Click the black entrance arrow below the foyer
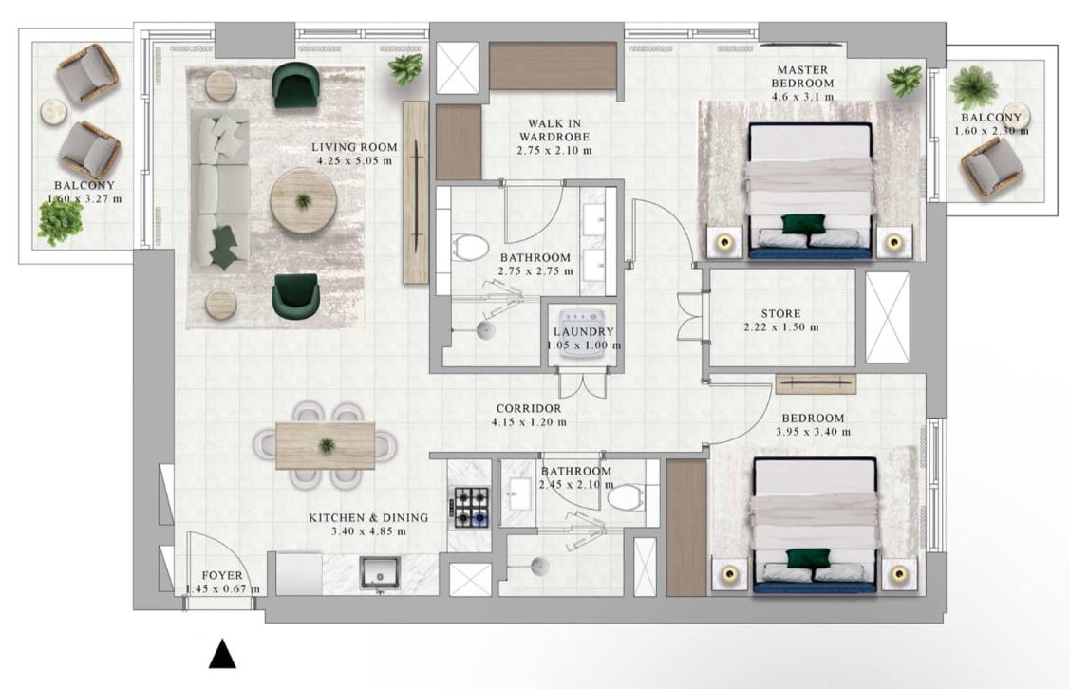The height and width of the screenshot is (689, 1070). click(x=222, y=654)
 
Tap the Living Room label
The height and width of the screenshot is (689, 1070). click(x=354, y=147)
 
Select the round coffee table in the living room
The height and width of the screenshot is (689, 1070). click(x=303, y=201)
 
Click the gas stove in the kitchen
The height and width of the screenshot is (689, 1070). click(x=469, y=508)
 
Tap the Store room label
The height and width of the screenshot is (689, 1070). click(x=781, y=314)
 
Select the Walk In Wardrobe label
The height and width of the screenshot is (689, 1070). click(x=554, y=130)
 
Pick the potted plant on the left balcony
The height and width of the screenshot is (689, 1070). click(x=61, y=222)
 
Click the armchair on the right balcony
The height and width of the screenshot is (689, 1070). click(x=991, y=171)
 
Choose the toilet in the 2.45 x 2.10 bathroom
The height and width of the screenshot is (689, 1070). click(x=625, y=496)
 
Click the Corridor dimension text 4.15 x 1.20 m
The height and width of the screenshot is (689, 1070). click(x=529, y=422)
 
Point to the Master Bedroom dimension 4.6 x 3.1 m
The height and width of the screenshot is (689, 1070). click(x=802, y=96)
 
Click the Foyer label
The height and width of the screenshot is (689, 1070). click(x=222, y=576)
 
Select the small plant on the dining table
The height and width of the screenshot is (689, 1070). click(x=327, y=446)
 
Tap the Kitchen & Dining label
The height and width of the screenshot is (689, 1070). click(x=368, y=518)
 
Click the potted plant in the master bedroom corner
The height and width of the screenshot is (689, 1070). click(x=906, y=82)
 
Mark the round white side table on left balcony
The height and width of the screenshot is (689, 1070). click(x=53, y=112)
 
